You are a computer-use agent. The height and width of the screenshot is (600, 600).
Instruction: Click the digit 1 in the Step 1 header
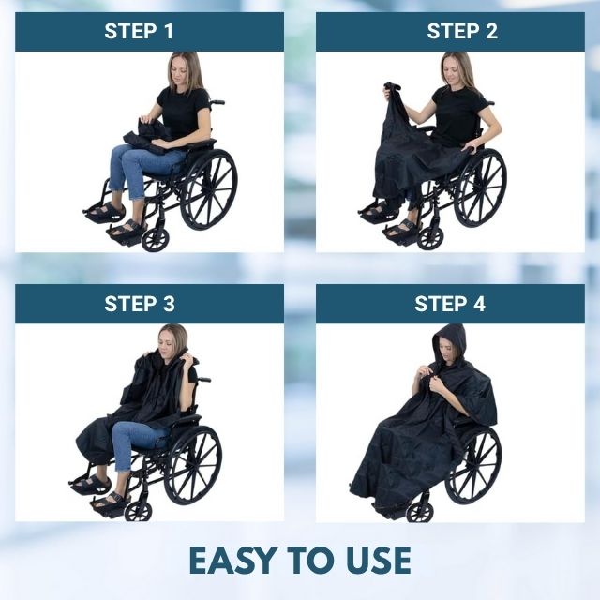click(168, 31)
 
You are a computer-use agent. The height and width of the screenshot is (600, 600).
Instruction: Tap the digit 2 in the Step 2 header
click(491, 31)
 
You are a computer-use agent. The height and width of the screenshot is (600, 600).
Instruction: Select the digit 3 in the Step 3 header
click(169, 304)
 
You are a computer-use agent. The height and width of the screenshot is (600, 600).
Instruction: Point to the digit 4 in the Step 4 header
click(479, 304)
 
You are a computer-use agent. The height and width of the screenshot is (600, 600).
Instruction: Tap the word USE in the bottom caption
click(379, 561)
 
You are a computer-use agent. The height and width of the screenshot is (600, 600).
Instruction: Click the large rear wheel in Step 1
click(208, 189)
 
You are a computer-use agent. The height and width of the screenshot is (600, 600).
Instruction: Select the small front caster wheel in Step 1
click(155, 240)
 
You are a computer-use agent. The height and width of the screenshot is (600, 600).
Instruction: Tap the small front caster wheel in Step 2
click(430, 238)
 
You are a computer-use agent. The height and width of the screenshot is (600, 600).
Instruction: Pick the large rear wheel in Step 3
click(193, 465)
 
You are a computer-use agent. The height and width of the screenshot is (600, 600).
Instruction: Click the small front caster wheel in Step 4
click(420, 511)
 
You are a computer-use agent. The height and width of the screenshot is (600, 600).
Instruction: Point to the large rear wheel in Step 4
click(474, 465)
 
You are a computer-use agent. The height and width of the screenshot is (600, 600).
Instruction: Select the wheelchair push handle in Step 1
click(217, 102)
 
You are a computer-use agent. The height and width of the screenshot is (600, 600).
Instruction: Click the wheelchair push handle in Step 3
click(203, 380)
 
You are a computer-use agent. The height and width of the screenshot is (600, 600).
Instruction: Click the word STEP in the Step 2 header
click(450, 31)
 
